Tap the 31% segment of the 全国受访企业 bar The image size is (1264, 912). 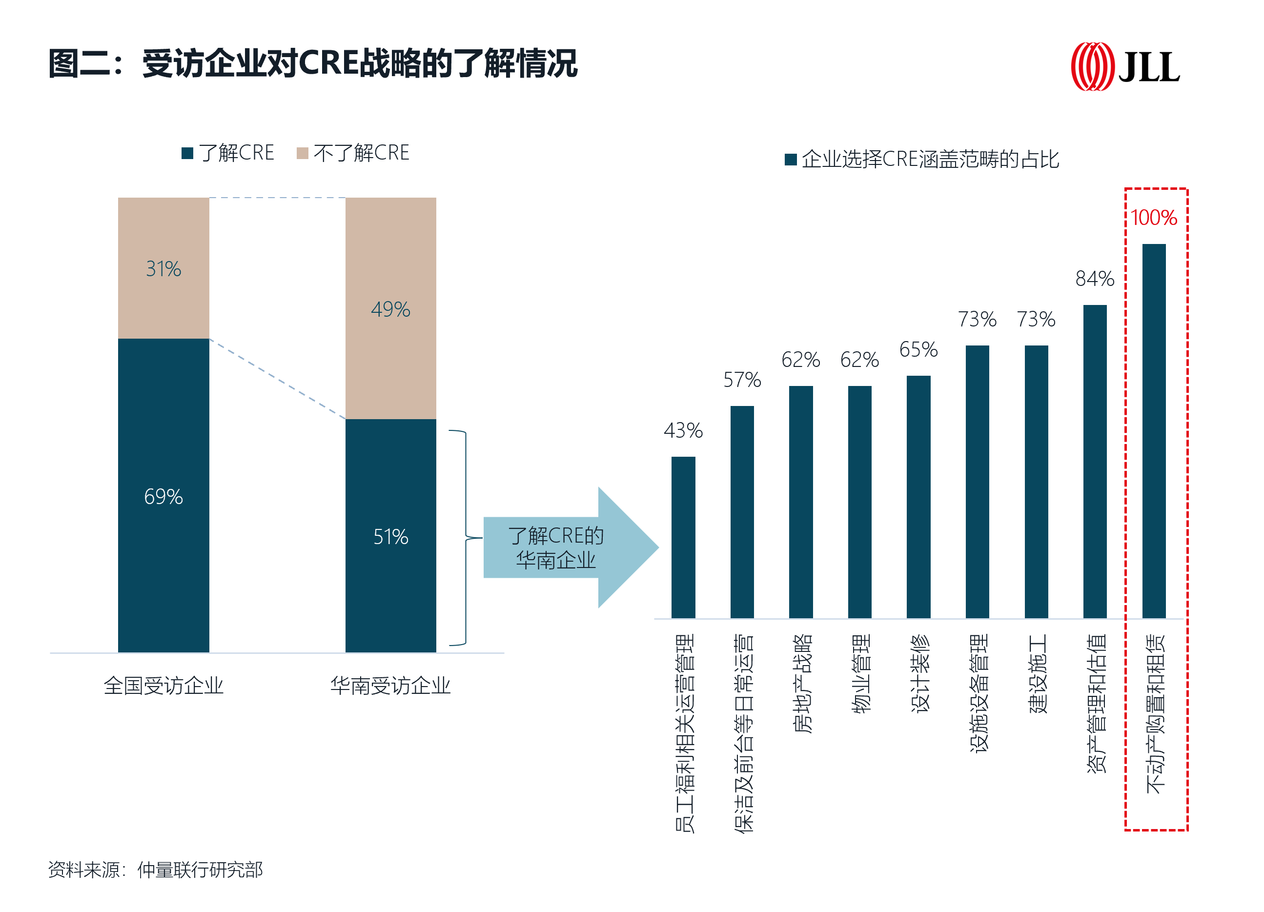[x=163, y=268]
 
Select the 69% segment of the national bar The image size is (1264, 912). [x=163, y=495]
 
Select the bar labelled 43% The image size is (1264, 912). [x=683, y=537]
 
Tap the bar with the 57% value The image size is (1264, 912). [x=742, y=512]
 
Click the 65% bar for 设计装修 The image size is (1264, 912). [x=918, y=496]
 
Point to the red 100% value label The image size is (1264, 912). [x=1153, y=218]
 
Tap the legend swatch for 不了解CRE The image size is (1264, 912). [x=303, y=153]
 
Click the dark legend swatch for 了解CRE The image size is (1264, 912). [x=187, y=153]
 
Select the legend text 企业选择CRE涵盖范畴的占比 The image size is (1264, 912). [x=930, y=160]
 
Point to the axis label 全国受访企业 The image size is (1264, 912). [x=163, y=686]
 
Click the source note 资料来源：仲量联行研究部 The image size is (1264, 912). [x=156, y=870]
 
